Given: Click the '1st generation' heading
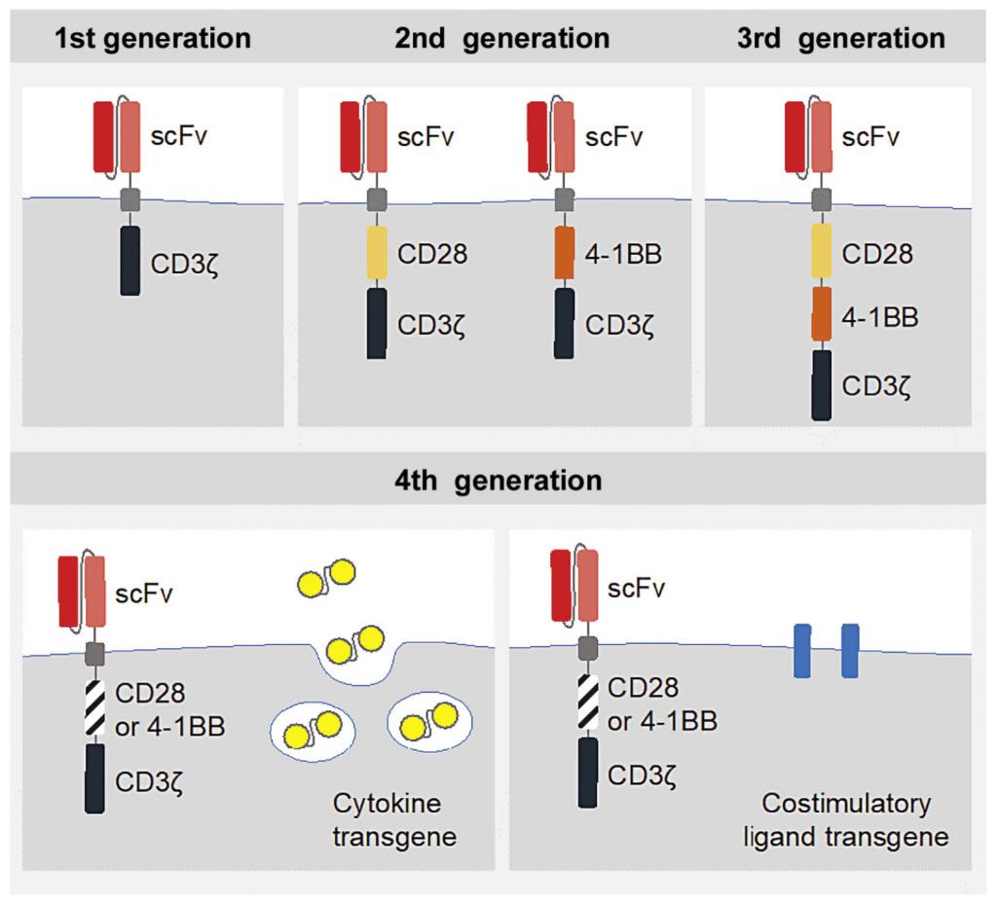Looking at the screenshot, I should [x=153, y=39].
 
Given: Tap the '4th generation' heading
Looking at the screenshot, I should [x=498, y=481].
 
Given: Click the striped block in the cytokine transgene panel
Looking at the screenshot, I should [x=94, y=707].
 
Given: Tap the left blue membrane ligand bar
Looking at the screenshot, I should [x=804, y=651].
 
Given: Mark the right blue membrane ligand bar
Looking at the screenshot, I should [x=850, y=651].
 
